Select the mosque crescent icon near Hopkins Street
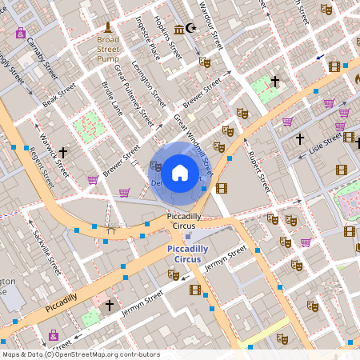(190, 29)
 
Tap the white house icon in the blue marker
(180, 172)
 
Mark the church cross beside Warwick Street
(62, 151)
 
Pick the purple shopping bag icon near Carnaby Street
(20, 33)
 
